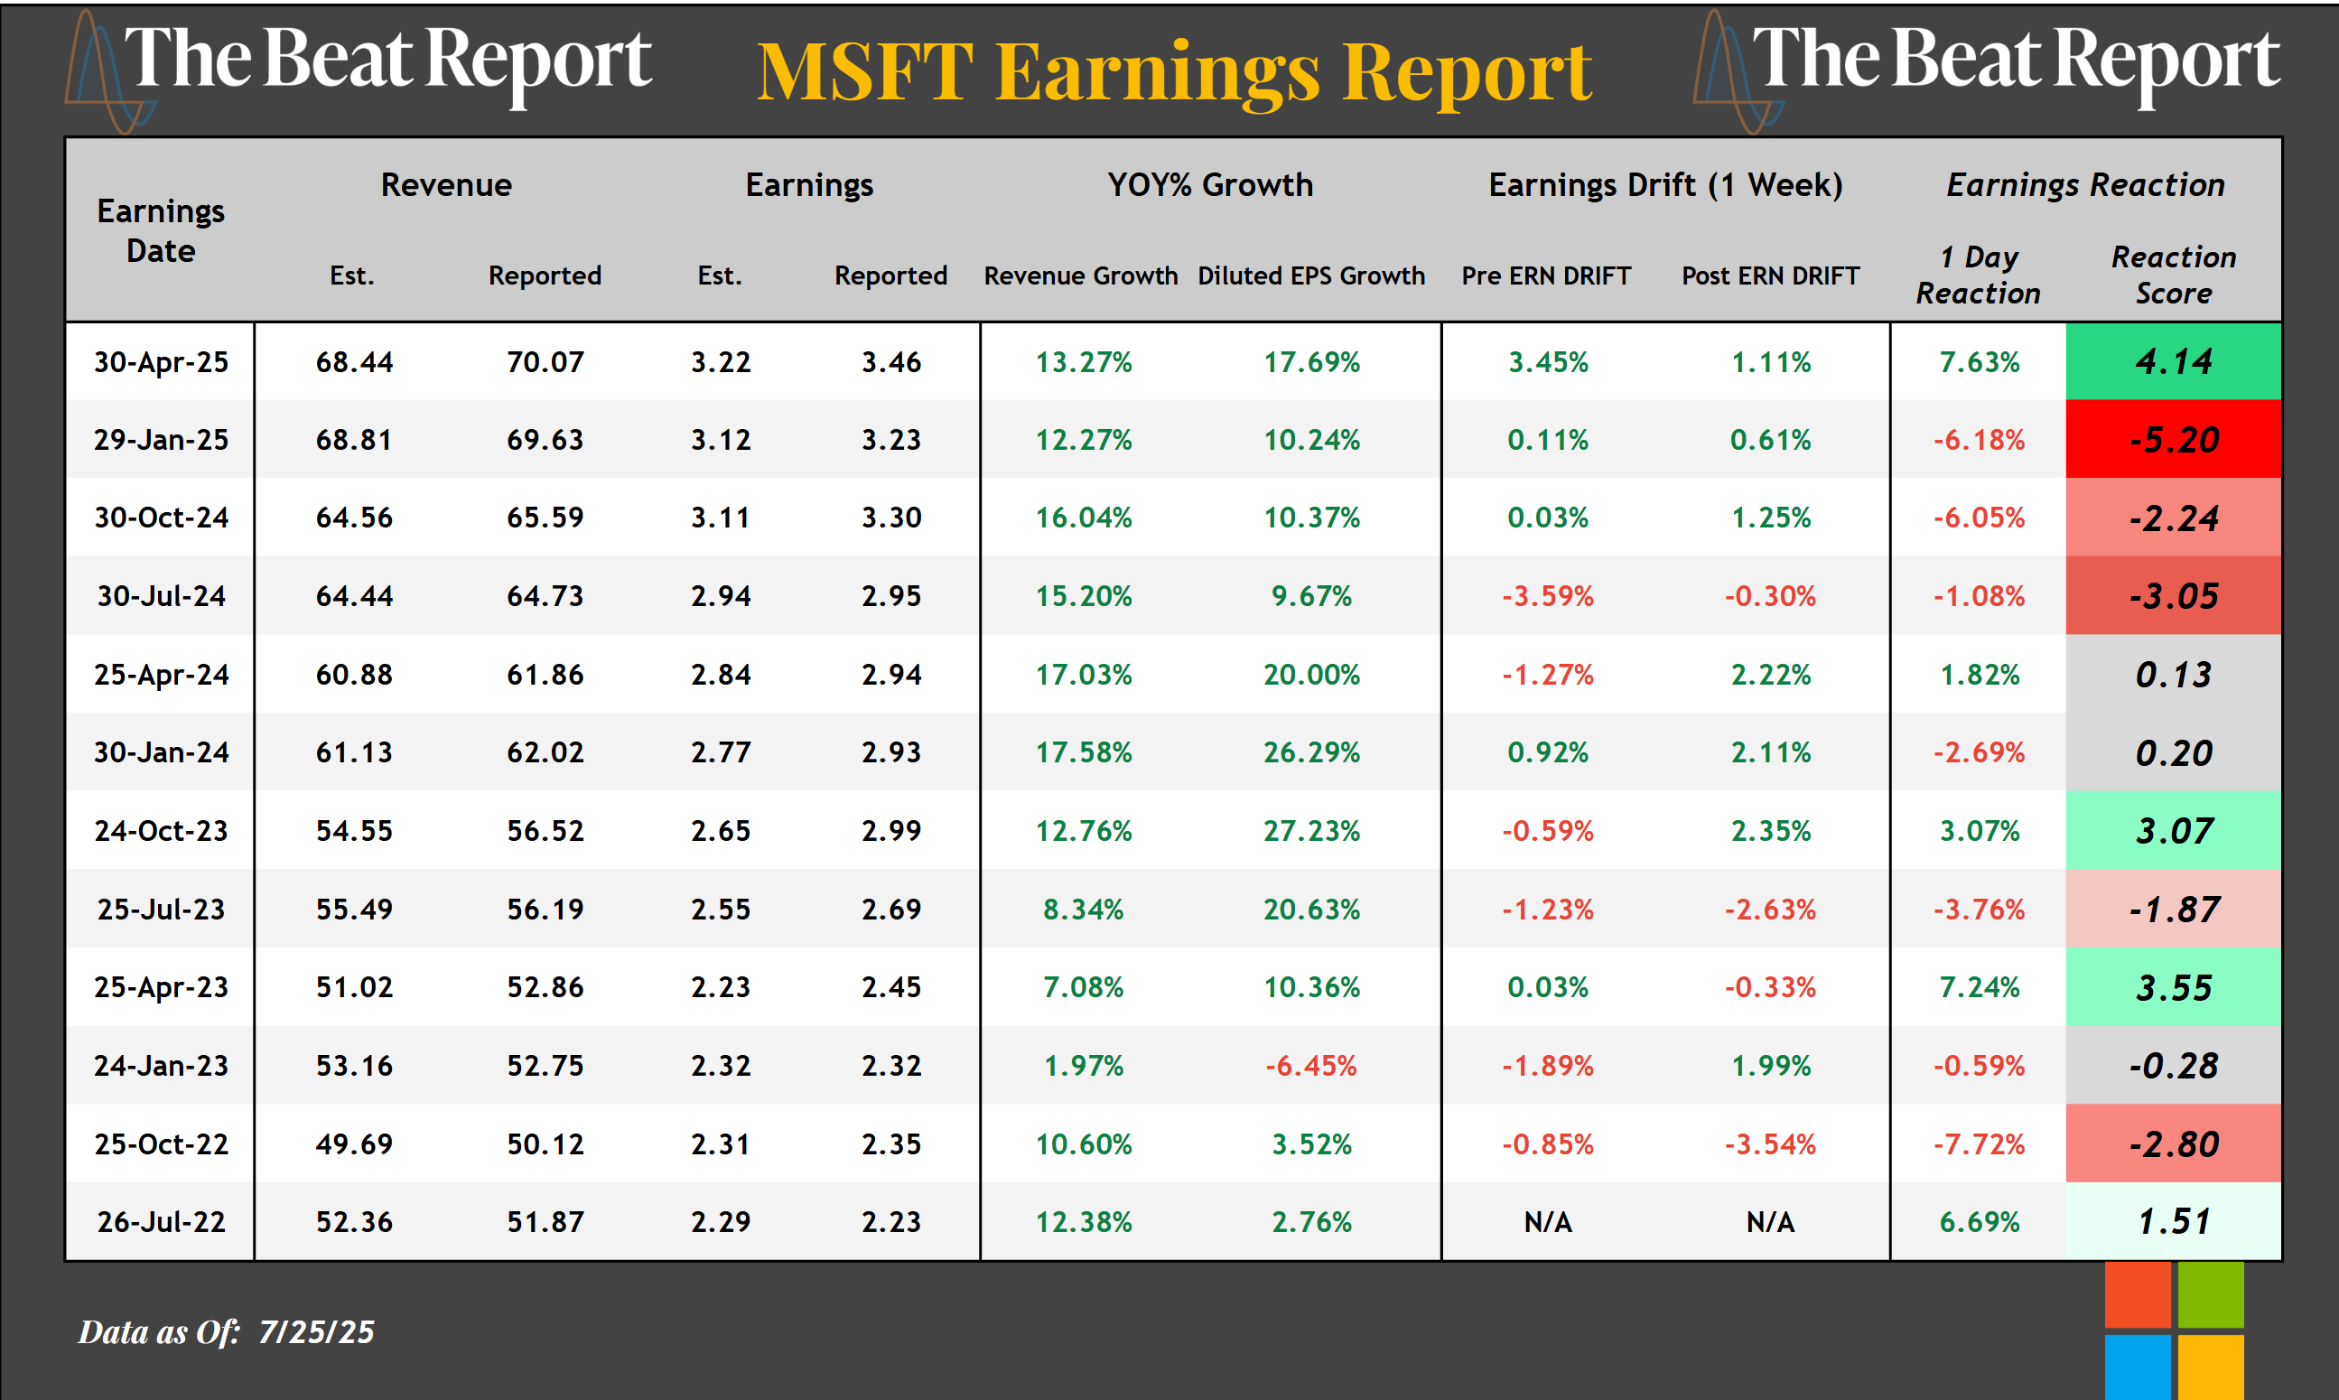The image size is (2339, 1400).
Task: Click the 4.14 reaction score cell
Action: [2172, 361]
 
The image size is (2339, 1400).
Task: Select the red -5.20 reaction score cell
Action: [2172, 440]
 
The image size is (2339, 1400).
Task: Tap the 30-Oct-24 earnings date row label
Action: [162, 518]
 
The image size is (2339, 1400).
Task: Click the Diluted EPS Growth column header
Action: [1311, 275]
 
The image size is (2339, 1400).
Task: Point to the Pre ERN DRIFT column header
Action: [1546, 275]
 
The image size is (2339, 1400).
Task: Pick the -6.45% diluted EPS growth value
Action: [1311, 1066]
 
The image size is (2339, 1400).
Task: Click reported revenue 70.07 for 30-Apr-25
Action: [545, 362]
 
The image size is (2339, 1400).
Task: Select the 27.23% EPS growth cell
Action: [1311, 831]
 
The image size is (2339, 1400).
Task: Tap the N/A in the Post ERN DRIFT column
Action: [1770, 1223]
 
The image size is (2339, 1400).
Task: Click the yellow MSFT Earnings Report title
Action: [1174, 71]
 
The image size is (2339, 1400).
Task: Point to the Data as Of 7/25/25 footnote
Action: [227, 1331]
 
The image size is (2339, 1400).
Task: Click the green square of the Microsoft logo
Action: [2210, 1294]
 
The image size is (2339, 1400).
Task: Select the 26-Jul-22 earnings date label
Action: [162, 1223]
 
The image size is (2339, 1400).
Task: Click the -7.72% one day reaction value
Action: [1979, 1144]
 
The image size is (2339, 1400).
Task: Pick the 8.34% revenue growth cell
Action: [1083, 910]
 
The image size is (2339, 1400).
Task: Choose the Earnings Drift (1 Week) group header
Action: [1664, 185]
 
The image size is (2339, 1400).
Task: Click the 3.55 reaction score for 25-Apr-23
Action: [2172, 988]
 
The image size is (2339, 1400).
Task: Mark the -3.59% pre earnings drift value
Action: [1548, 596]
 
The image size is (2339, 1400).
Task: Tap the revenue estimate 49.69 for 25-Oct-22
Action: [354, 1144]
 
